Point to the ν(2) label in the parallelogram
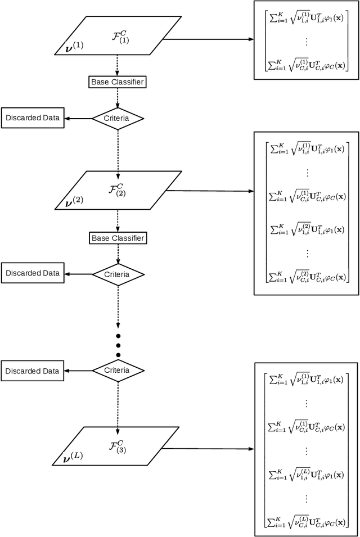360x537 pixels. (74, 200)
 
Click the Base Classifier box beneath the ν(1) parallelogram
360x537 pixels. (118, 82)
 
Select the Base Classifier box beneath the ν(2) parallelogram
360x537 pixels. (118, 238)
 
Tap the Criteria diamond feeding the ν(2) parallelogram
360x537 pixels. (118, 119)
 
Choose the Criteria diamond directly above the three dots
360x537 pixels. (118, 274)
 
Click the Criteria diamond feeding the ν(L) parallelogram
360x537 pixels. (118, 371)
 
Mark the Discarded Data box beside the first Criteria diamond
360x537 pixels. (32, 118)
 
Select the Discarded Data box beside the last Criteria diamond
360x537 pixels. (32, 371)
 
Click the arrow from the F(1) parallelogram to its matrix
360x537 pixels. (208, 39)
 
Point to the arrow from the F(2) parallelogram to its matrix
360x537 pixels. (208, 191)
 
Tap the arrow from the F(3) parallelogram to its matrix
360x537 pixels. (208, 449)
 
